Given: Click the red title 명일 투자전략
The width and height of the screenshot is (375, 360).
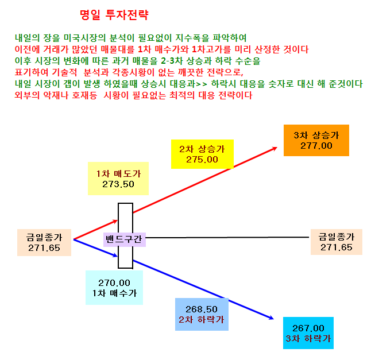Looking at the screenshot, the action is tap(114, 15).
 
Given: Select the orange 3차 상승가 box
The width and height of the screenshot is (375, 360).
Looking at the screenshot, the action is tap(316, 140).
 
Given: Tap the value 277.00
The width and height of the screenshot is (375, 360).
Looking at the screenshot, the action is tap(316, 146).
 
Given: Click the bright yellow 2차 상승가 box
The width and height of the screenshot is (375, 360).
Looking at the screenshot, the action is tap(202, 154).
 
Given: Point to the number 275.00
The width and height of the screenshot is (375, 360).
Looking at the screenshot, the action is tap(202, 160).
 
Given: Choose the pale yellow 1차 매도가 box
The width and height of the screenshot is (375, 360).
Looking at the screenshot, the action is tap(118, 179).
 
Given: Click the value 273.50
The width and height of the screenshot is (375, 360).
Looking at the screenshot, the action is tap(118, 184).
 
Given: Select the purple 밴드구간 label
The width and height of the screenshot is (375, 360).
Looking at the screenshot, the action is tap(125, 239).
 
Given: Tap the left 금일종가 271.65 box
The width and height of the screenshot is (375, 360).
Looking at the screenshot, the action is tap(44, 243).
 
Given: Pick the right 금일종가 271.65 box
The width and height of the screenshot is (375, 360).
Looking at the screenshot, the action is tap(337, 242).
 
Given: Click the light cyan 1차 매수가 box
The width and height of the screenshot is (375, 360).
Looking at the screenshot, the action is tap(114, 288).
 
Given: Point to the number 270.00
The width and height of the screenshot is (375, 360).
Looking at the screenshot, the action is tap(114, 283).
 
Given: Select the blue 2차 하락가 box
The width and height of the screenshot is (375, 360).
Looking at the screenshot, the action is tap(202, 314).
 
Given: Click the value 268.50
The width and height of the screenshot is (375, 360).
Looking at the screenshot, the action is tap(202, 309).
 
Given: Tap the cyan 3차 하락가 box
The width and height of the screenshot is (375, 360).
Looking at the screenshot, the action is tap(308, 333).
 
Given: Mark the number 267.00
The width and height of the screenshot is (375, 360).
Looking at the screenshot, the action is tap(308, 328).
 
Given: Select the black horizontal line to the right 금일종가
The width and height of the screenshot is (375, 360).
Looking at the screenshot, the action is tap(227, 238).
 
